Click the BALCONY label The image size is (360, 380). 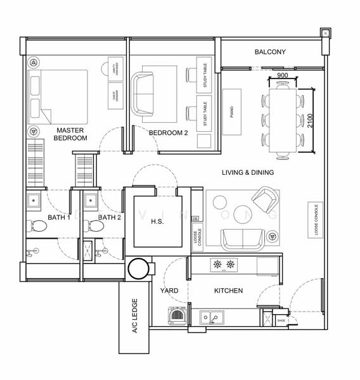270,52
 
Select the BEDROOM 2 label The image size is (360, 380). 168,133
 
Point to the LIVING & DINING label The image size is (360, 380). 248,172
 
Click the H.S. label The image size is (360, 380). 157,220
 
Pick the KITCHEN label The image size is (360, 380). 228,291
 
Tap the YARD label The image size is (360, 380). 169,291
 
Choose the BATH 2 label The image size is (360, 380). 110,217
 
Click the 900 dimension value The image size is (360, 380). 283,75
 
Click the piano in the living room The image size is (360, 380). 232,112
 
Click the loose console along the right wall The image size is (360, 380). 315,220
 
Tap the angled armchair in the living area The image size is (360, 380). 264,199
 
